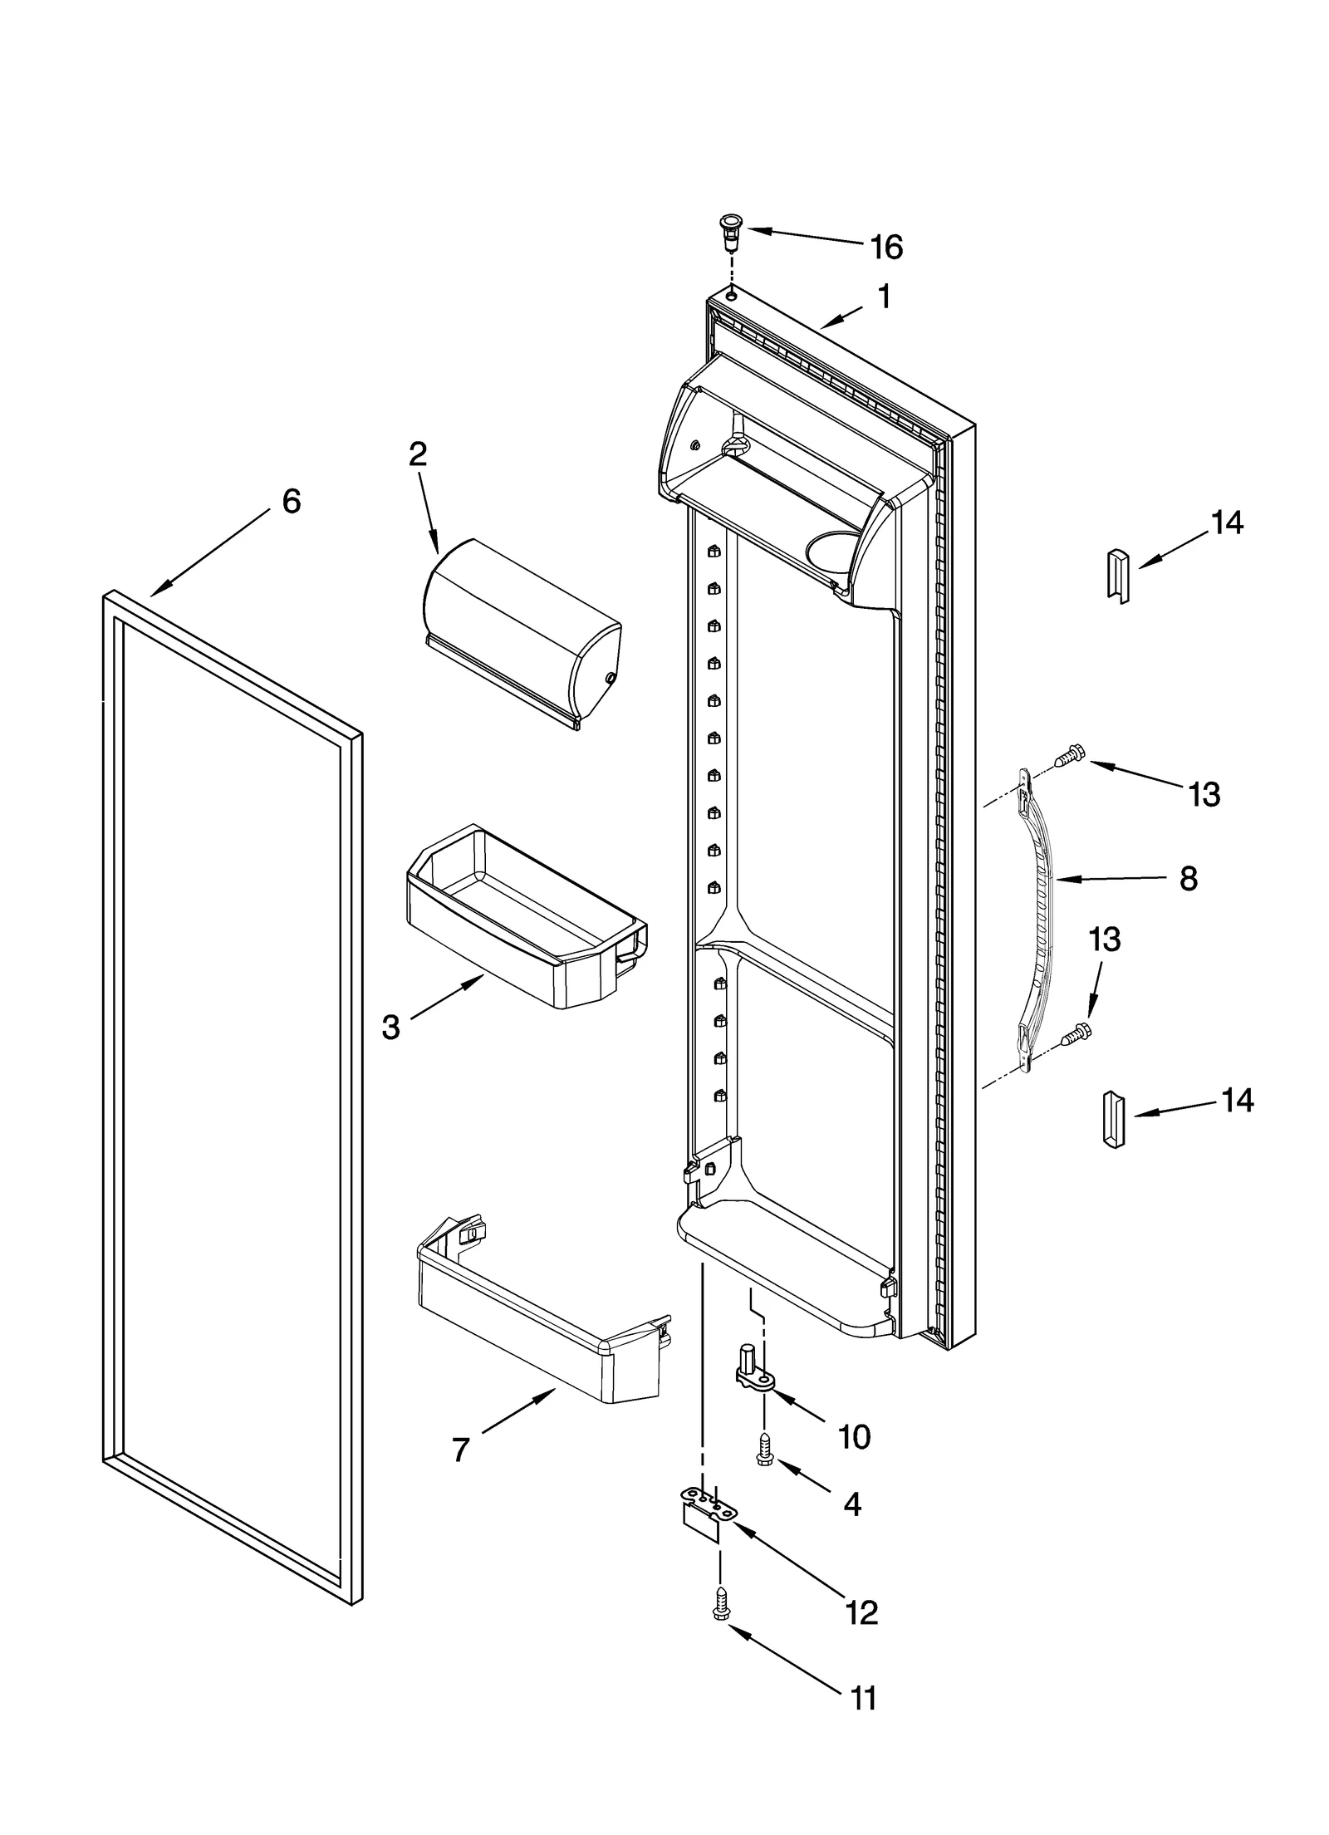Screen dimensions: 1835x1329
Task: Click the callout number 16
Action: tap(886, 247)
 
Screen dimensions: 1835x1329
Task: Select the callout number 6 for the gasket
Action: tap(291, 502)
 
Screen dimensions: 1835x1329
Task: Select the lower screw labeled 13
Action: tap(1074, 1033)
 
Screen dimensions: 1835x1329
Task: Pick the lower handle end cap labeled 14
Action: tap(1113, 1121)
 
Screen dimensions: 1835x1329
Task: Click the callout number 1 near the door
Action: tap(885, 297)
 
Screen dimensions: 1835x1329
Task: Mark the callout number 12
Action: tap(861, 1612)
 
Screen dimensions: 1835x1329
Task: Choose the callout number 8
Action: tap(1189, 879)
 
